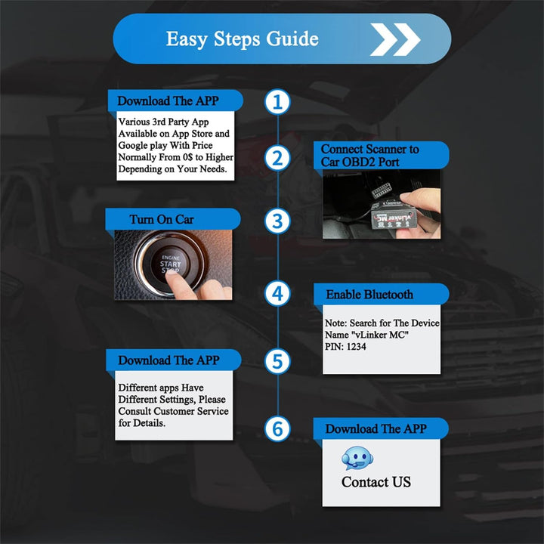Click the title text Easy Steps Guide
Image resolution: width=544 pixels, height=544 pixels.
coord(242,39)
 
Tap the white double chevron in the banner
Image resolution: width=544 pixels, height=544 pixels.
coord(394,39)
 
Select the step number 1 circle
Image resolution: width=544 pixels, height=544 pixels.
coord(278,102)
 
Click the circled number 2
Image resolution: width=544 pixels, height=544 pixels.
coord(278,159)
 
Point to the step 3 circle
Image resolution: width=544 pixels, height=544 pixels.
coord(278,221)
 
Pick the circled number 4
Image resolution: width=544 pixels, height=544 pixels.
coord(278,293)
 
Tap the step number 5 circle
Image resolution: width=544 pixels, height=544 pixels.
coord(278,361)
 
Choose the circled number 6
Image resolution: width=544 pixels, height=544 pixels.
coord(278,429)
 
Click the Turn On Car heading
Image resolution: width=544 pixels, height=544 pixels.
coord(162,220)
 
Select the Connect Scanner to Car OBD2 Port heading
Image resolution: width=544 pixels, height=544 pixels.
coord(370,156)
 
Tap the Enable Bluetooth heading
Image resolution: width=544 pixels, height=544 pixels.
coord(369,295)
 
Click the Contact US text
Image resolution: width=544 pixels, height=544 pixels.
coord(376,482)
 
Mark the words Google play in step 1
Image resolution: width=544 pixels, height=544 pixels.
coord(144,145)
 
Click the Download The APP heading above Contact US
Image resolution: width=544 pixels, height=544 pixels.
coord(376,429)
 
